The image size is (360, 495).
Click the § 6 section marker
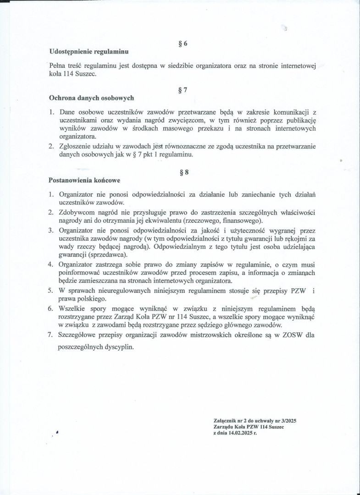tap(183, 44)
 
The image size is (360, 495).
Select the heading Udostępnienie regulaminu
tap(89, 51)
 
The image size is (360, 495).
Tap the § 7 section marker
tap(183, 90)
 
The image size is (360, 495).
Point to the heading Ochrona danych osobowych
tap(91, 98)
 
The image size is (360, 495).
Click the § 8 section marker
tap(183, 172)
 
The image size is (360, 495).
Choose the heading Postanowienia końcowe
tap(85, 180)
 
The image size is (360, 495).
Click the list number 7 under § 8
tap(51, 335)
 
